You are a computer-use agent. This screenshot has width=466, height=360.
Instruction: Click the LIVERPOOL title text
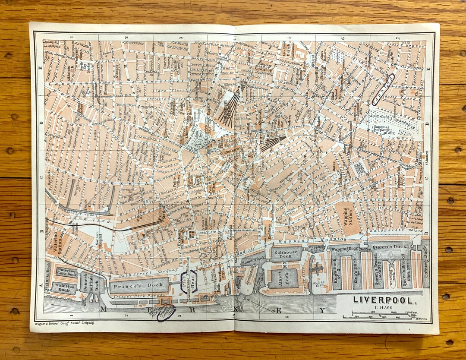coord(385,299)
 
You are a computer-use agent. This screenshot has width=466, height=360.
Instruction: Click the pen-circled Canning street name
coord(383,90)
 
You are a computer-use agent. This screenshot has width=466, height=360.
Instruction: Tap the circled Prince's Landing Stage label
coord(167,313)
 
